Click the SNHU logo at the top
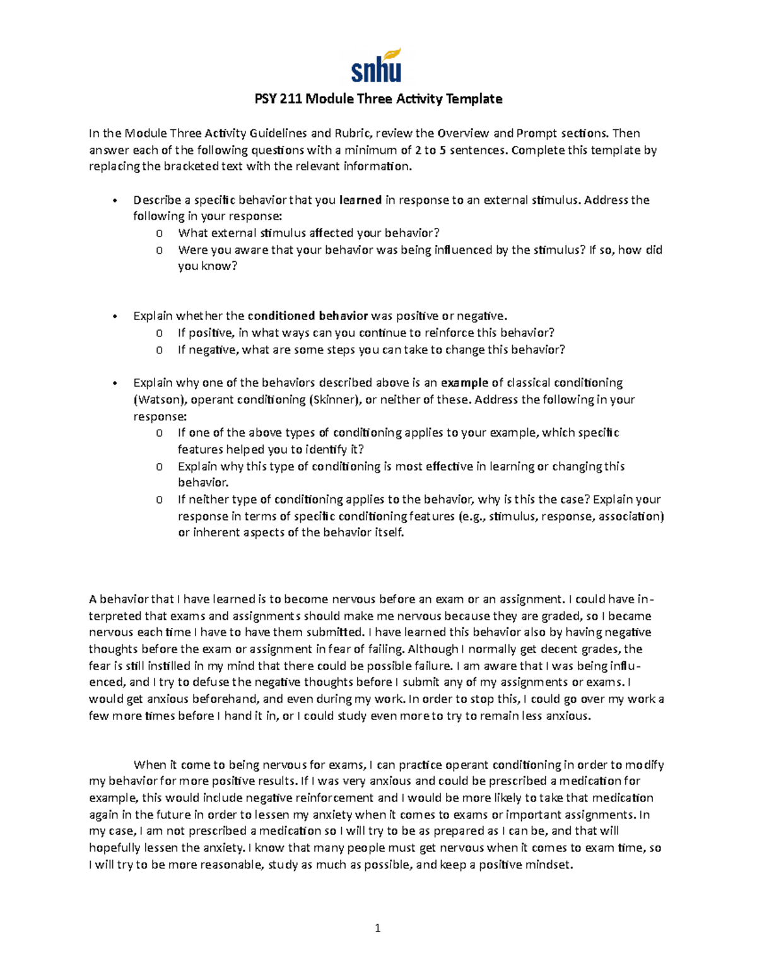click(x=377, y=66)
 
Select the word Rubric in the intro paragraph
click(x=354, y=133)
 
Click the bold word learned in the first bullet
click(x=360, y=200)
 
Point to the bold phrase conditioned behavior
click(x=307, y=316)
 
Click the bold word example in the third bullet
click(x=464, y=382)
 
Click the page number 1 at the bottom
click(x=378, y=928)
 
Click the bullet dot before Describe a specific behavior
click(x=114, y=201)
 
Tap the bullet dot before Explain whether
click(x=114, y=316)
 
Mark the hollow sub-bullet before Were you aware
click(x=160, y=250)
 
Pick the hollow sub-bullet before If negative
click(x=160, y=350)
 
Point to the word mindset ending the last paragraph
click(x=549, y=865)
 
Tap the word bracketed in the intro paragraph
click(x=191, y=167)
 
